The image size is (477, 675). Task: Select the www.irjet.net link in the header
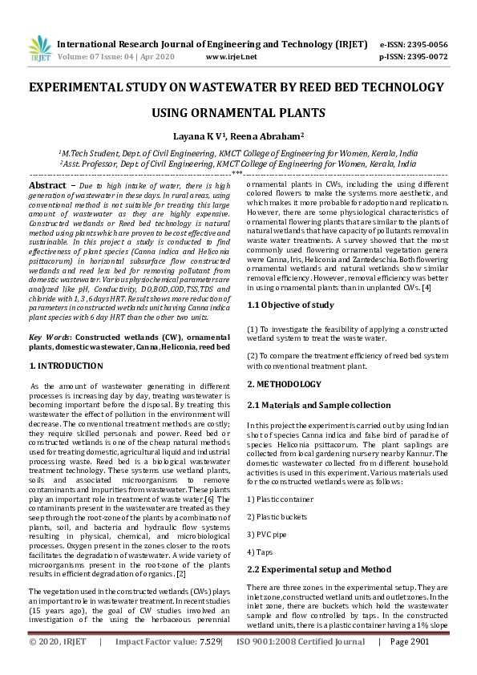pyautogui.click(x=232, y=57)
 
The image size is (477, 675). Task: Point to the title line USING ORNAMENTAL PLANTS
pyautogui.click(x=238, y=113)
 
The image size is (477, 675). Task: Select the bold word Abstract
pyautogui.click(x=47, y=184)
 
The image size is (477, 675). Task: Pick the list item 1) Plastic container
pyautogui.click(x=280, y=499)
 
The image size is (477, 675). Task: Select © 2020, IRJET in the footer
pyautogui.click(x=58, y=664)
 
